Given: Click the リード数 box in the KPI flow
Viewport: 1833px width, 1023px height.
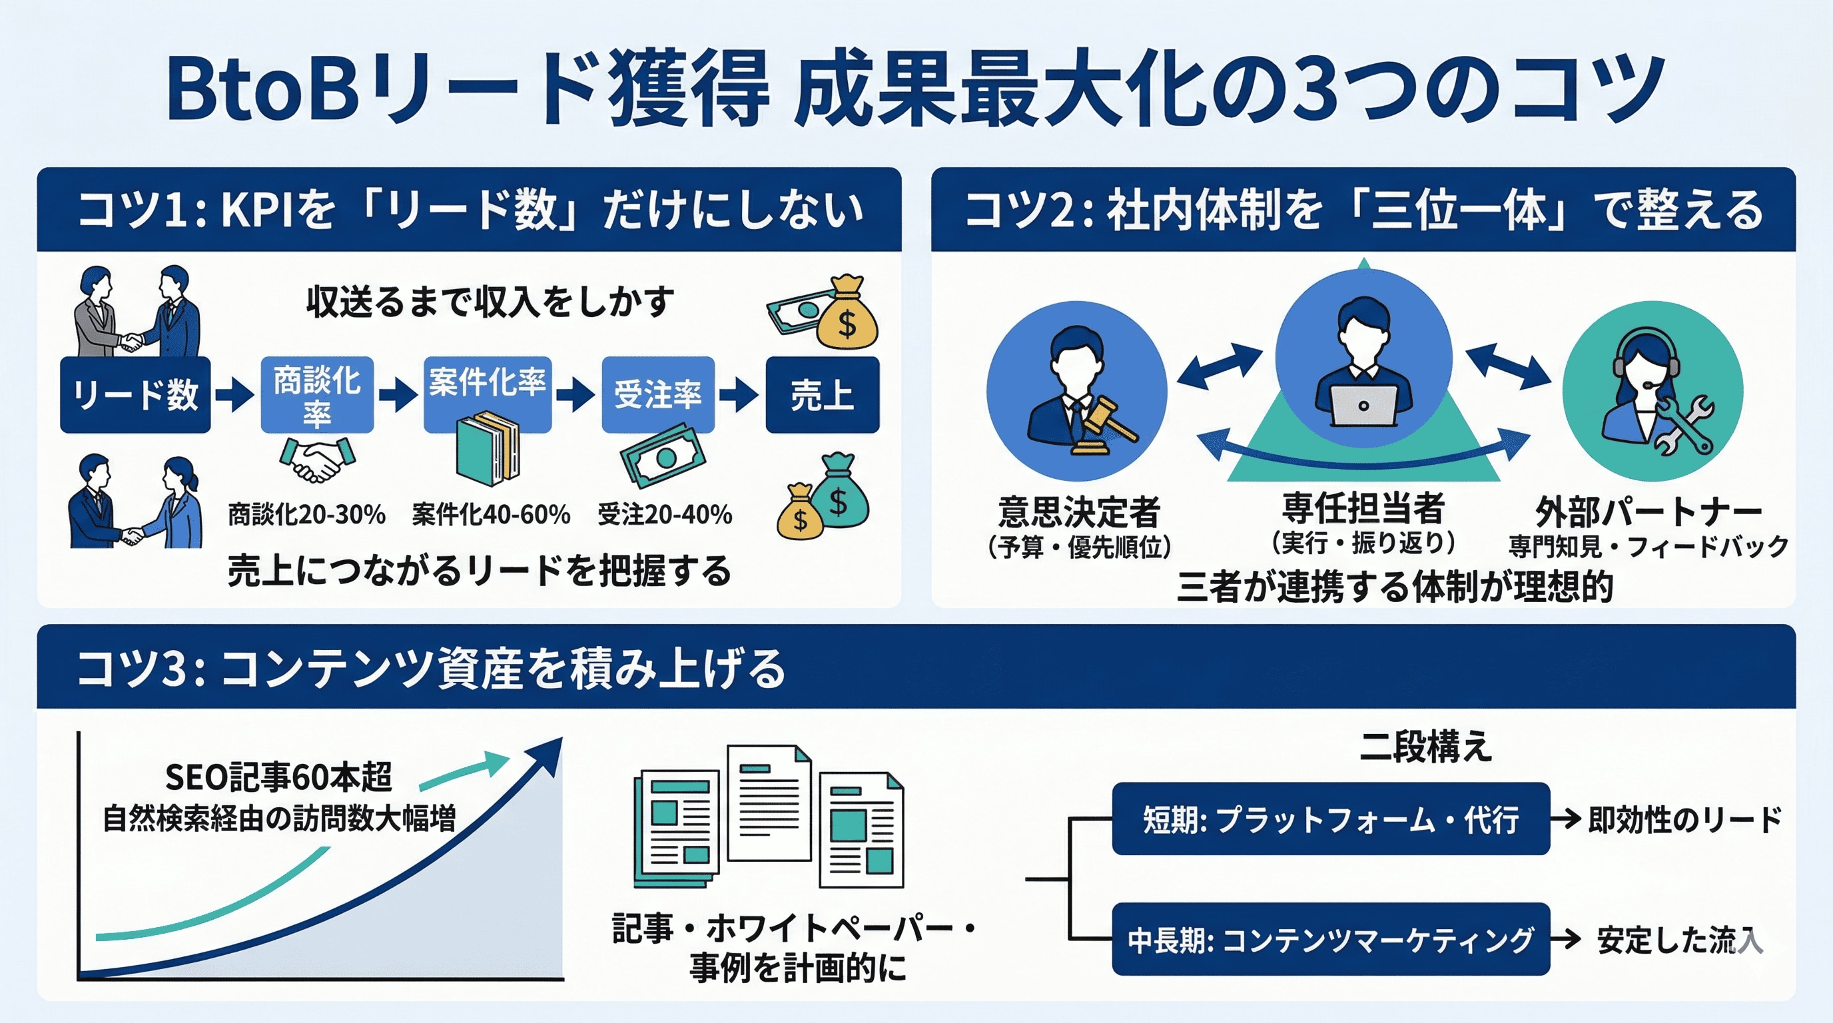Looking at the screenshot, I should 135,395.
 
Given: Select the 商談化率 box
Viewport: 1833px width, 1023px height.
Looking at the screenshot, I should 316,395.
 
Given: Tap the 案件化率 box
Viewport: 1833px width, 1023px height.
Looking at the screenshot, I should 488,395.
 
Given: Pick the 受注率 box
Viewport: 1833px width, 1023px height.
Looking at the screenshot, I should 658,395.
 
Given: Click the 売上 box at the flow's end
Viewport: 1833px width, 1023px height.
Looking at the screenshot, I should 822,395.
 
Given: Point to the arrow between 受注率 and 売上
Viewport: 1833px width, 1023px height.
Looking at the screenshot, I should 740,395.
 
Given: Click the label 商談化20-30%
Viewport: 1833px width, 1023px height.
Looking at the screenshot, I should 306,513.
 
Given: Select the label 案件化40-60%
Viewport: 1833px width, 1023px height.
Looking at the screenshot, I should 491,513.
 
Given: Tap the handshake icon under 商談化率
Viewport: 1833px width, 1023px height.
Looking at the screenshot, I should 317,459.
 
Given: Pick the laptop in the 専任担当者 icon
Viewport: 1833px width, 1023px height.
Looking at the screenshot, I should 1363,406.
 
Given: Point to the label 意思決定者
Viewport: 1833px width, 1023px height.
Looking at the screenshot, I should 1079,511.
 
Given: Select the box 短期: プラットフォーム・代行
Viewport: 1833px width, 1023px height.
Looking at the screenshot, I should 1331,819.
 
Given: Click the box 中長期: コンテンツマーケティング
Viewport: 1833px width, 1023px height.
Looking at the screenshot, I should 1331,939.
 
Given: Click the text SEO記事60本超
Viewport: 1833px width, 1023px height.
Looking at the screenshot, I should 279,776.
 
